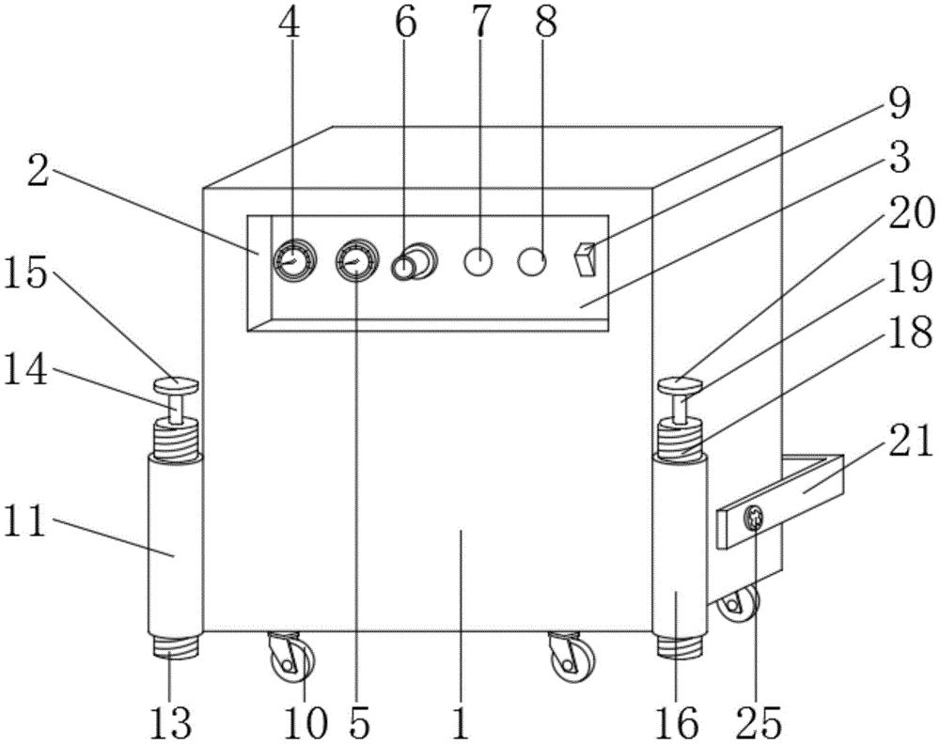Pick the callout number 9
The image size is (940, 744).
899,103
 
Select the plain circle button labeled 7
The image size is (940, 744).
479,262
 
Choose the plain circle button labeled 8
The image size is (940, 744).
532,262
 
